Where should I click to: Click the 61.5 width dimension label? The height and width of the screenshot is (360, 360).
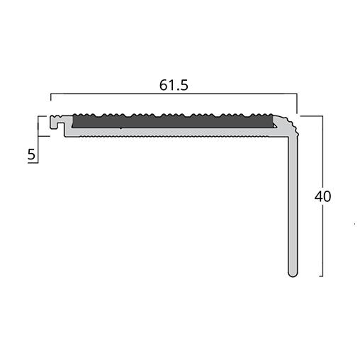tap(174, 86)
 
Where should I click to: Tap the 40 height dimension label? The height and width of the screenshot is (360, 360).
tap(323, 196)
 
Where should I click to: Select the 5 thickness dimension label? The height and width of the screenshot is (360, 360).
tap(31, 154)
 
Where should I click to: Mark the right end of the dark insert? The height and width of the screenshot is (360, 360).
tap(274, 121)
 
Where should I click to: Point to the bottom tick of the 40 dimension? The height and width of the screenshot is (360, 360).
tap(317, 276)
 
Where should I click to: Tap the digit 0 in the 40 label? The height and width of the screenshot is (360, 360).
tap(327, 196)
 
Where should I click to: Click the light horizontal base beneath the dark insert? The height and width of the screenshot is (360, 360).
tap(170, 133)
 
